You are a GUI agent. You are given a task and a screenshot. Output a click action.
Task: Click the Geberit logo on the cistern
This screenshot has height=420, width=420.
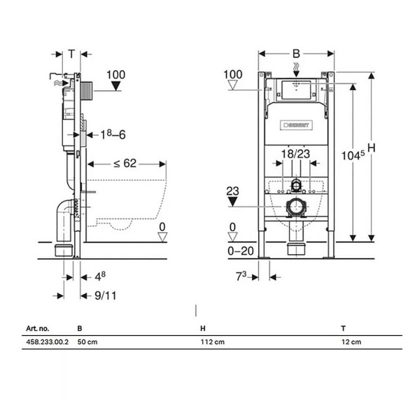[296, 125]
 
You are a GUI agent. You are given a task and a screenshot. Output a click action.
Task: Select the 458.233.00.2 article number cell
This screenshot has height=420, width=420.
[47, 342]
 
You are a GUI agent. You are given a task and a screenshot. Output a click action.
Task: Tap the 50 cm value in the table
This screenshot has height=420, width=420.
[87, 342]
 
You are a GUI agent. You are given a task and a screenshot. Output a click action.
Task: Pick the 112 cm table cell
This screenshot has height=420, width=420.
[213, 342]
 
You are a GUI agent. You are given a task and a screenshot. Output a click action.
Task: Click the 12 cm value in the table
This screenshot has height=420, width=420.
[351, 342]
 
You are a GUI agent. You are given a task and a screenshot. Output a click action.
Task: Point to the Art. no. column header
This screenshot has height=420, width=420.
[38, 328]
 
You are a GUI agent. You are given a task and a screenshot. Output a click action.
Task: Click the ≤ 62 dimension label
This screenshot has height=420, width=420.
[125, 163]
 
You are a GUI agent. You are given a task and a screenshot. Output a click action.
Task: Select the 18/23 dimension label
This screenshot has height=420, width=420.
[295, 154]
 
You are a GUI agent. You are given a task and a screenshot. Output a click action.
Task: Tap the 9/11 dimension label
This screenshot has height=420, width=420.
[106, 295]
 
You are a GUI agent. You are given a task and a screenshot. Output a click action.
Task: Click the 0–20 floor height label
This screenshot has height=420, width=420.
[241, 251]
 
